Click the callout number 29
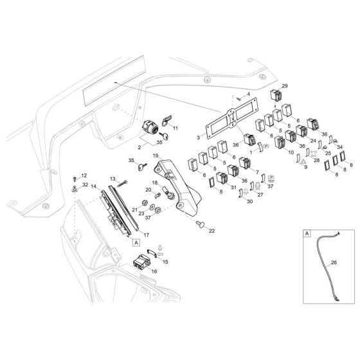285,86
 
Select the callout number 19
156,156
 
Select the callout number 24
313,140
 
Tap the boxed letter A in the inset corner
306,236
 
